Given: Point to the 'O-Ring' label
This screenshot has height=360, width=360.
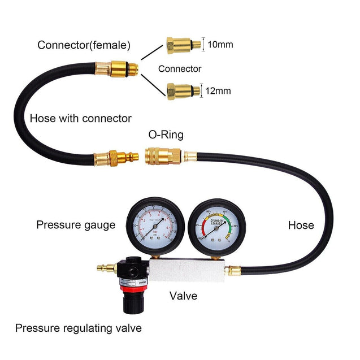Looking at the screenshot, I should click(x=166, y=135).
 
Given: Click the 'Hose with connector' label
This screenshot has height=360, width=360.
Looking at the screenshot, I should click(x=80, y=118).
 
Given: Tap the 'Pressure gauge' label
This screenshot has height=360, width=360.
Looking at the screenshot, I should click(x=76, y=225).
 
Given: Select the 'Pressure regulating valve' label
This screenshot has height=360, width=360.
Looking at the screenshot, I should click(x=79, y=328).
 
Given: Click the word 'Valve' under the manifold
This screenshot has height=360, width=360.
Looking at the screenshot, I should click(x=183, y=296).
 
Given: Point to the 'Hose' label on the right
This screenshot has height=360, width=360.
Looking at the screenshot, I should click(x=301, y=225).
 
